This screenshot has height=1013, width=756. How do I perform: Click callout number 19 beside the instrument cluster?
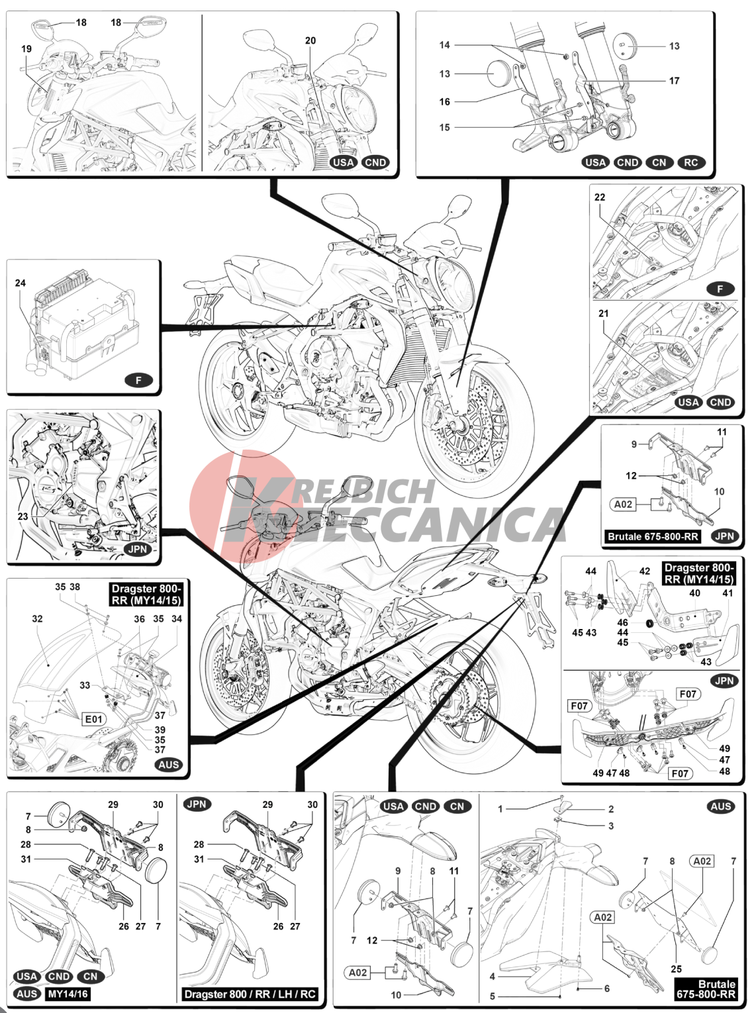click(26, 49)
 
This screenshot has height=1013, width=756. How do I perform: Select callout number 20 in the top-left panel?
click(310, 40)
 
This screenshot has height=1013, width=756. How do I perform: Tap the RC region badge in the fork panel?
click(690, 162)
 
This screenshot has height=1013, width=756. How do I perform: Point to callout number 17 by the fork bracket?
click(675, 81)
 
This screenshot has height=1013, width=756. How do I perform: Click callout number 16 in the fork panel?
click(445, 101)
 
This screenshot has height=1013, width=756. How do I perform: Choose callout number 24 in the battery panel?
click(21, 283)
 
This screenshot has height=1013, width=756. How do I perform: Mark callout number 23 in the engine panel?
click(23, 516)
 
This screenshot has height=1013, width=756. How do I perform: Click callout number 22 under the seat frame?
click(599, 197)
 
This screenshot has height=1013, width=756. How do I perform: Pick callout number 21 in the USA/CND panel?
click(603, 313)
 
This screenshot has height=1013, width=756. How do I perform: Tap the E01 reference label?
click(94, 719)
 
